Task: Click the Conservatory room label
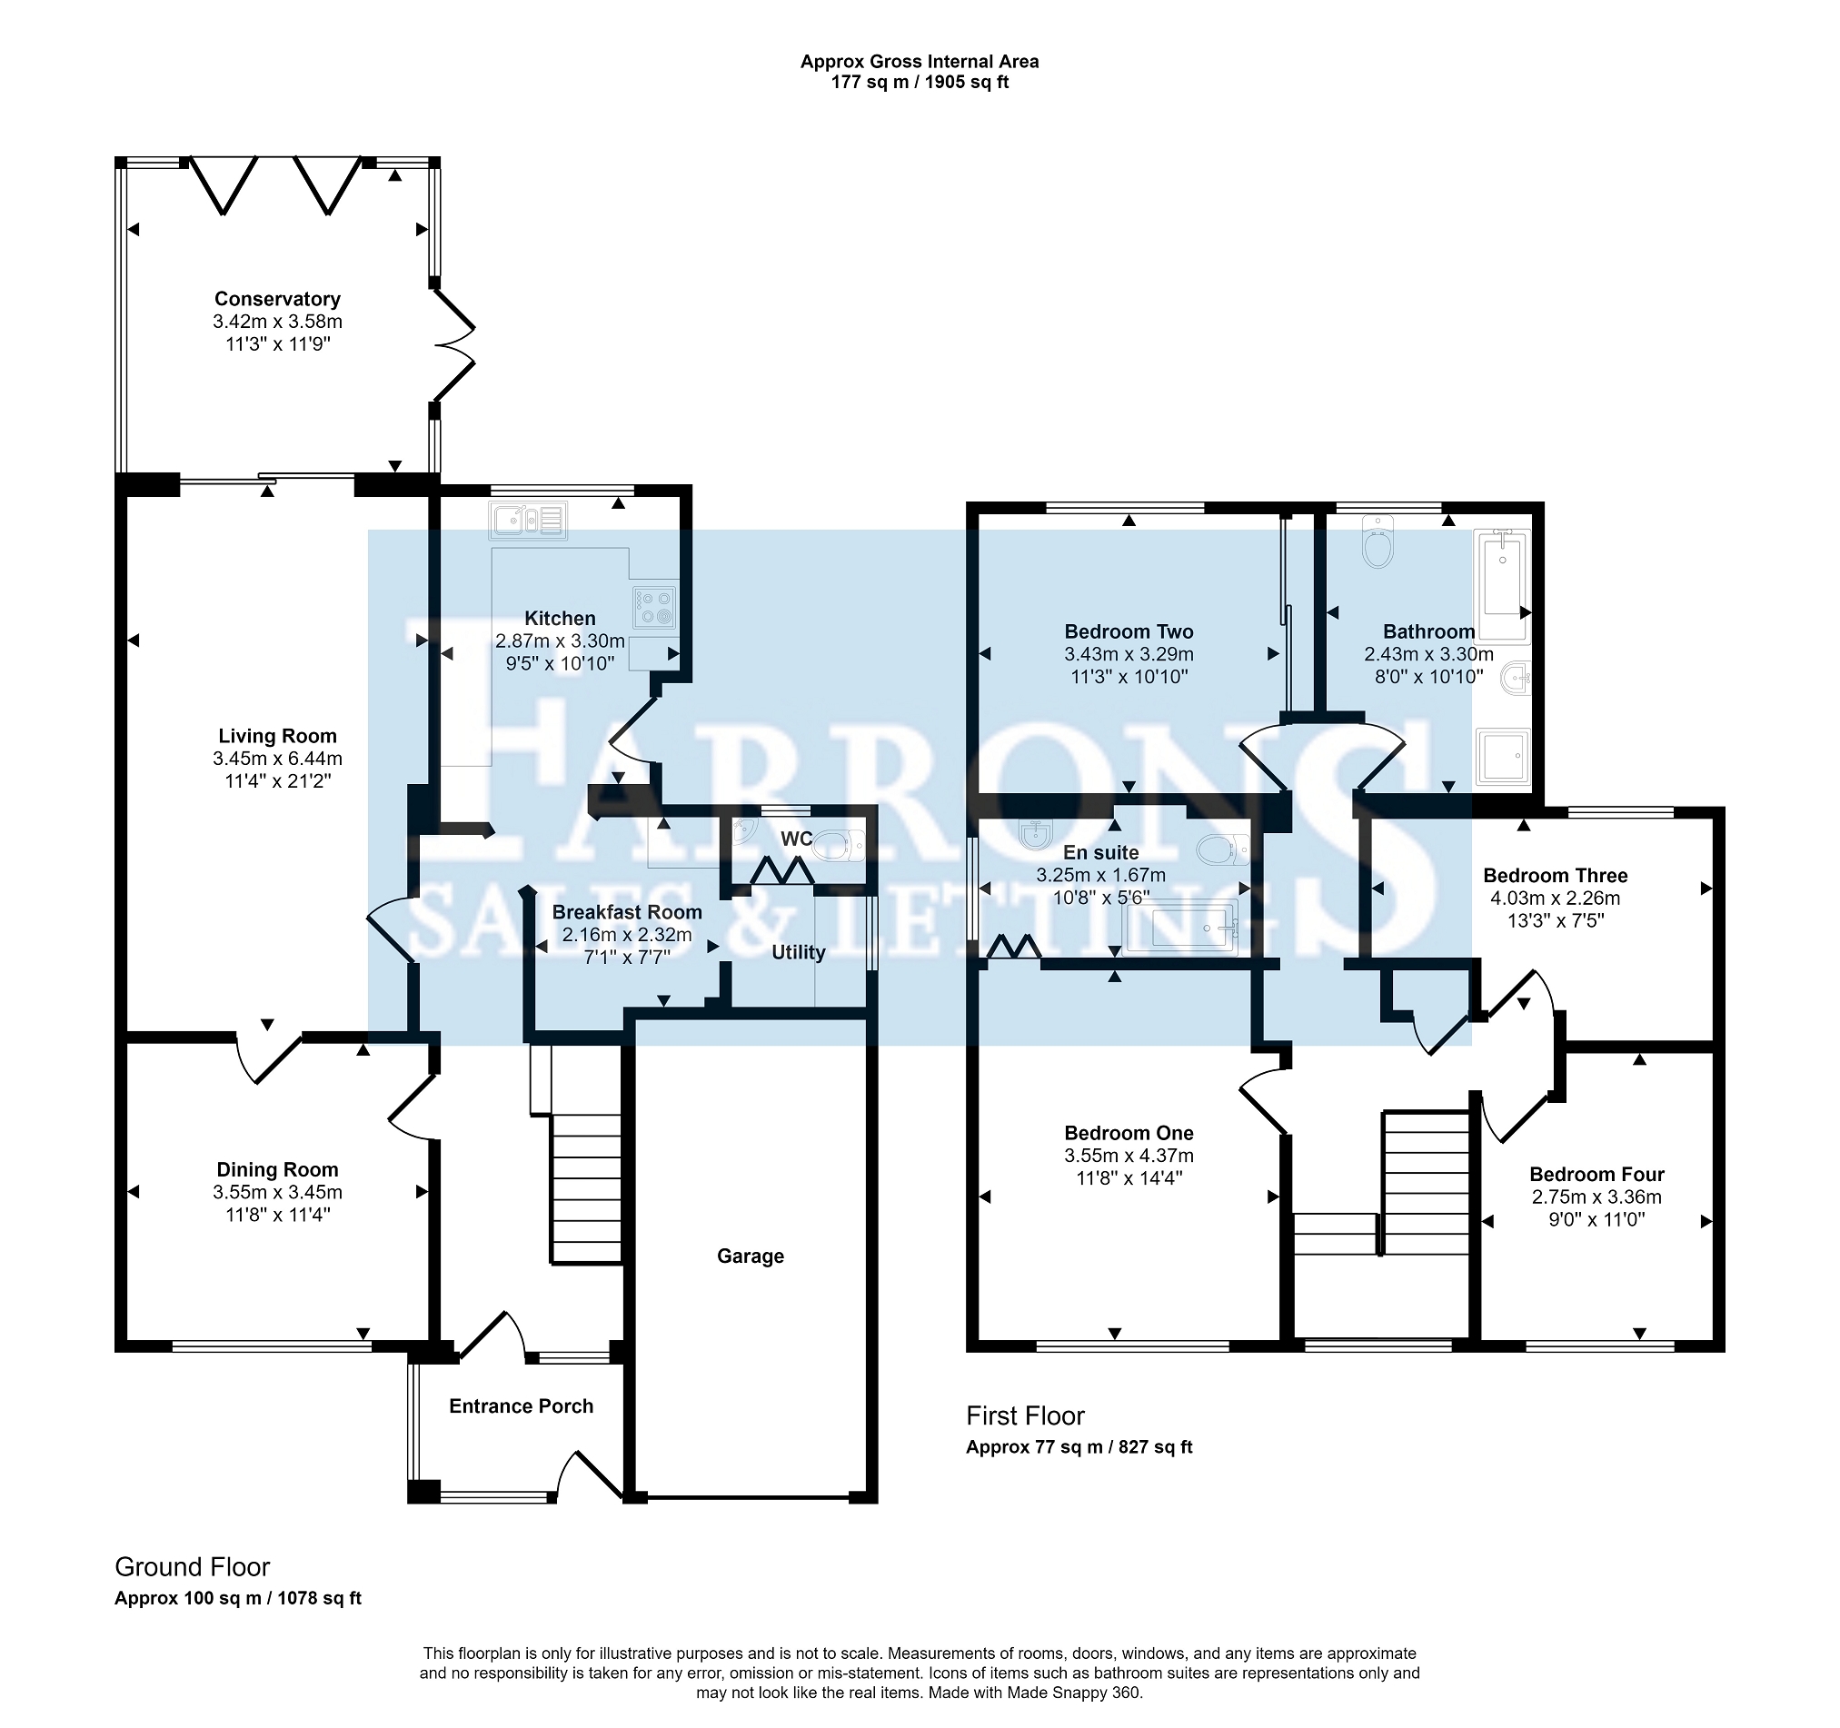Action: pyautogui.click(x=278, y=299)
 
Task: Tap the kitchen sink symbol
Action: pyautogui.click(x=529, y=521)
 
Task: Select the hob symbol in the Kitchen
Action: pyautogui.click(x=654, y=607)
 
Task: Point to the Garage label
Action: pyautogui.click(x=751, y=1256)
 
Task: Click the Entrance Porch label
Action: pyautogui.click(x=521, y=1405)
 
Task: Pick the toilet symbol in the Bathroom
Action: pyautogui.click(x=1378, y=542)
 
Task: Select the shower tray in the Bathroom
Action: pyautogui.click(x=1503, y=756)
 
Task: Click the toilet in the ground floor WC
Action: pyautogui.click(x=840, y=844)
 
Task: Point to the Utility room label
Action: pyautogui.click(x=799, y=952)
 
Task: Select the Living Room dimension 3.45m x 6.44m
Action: pyautogui.click(x=278, y=759)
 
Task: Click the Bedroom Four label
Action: pyautogui.click(x=1596, y=1175)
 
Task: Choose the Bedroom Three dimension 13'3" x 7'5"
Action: pyautogui.click(x=1555, y=920)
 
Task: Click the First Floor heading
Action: pyautogui.click(x=1025, y=1416)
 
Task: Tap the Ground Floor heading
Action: pyautogui.click(x=193, y=1567)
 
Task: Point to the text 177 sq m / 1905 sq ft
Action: pyautogui.click(x=919, y=83)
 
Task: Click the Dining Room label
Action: pyautogui.click(x=278, y=1170)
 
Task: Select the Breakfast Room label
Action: pyautogui.click(x=627, y=911)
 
